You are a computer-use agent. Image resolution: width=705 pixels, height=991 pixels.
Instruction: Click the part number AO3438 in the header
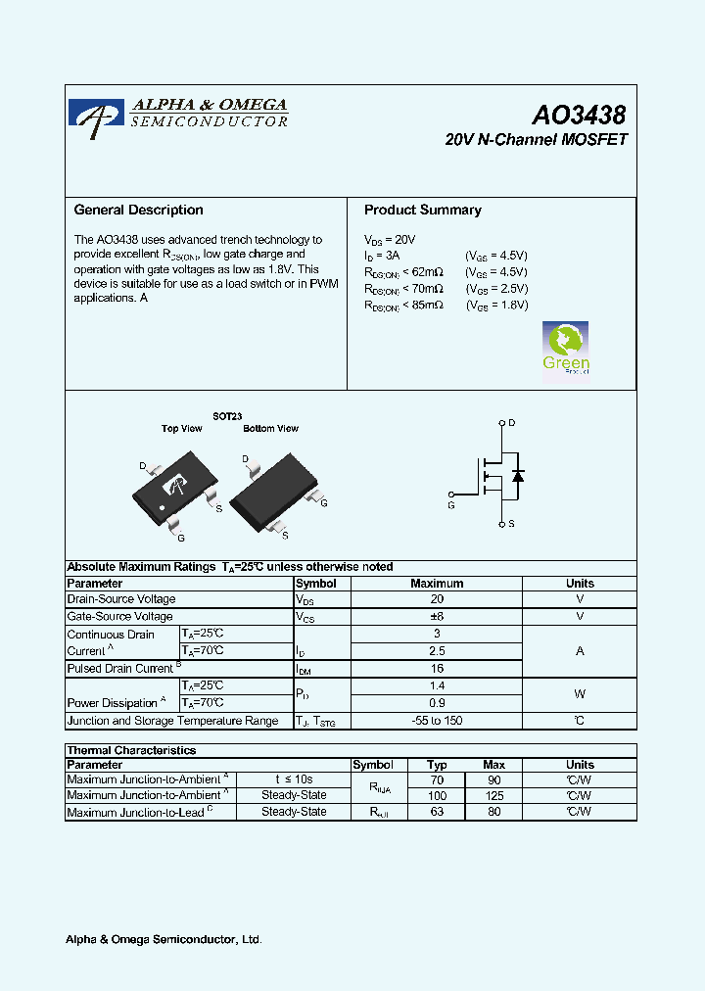579,116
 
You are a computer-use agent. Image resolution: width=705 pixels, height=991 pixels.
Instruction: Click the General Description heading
138,210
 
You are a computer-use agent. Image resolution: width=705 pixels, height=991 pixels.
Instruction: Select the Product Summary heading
422,210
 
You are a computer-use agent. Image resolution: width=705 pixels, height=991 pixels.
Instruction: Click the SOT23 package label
227,416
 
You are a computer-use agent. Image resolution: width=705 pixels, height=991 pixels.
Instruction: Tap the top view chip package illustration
174,485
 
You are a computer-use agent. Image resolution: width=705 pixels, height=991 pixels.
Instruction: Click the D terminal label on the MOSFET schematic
511,423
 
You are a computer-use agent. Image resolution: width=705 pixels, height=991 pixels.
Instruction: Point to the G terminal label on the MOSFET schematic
450,505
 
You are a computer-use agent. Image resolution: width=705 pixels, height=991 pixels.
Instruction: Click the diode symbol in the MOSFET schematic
518,476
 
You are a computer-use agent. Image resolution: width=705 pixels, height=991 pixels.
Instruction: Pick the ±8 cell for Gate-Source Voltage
437,617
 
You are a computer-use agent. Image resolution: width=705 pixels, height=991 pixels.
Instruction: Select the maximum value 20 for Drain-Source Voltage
437,599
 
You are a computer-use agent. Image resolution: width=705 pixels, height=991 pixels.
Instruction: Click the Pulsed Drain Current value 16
437,668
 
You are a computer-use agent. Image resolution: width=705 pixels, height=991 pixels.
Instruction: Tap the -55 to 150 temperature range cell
437,721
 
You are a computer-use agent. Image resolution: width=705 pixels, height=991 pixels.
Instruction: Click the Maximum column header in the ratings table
437,583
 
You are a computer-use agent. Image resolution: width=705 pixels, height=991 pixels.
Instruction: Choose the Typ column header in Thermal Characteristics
438,765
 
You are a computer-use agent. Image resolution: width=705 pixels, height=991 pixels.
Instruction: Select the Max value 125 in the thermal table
493,796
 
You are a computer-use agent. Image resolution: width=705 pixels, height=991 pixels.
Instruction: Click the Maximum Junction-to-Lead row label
135,812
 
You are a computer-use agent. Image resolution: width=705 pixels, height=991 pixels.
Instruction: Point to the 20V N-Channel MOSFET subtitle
536,140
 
